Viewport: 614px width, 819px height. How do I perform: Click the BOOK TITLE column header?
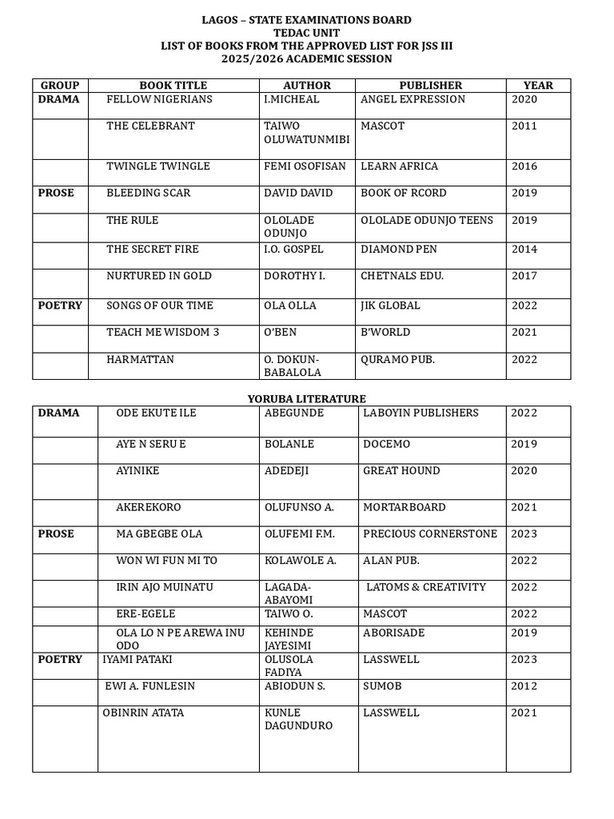(x=173, y=86)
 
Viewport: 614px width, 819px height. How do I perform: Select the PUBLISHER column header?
(x=431, y=86)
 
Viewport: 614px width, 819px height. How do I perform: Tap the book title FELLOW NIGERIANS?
(x=160, y=99)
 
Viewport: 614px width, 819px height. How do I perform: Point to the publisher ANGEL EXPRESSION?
(x=413, y=99)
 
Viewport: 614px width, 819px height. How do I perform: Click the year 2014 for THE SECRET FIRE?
(x=524, y=249)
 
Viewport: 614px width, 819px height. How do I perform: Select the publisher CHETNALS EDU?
(x=401, y=276)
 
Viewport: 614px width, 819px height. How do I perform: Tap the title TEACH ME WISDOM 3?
(x=163, y=332)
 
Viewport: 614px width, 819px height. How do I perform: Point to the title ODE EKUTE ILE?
(x=156, y=413)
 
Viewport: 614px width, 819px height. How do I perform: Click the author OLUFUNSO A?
(x=299, y=507)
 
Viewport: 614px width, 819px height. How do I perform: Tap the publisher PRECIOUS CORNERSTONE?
(x=430, y=533)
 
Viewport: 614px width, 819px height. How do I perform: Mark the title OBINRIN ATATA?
(x=143, y=713)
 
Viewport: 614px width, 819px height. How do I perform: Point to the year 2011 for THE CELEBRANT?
(x=524, y=126)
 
